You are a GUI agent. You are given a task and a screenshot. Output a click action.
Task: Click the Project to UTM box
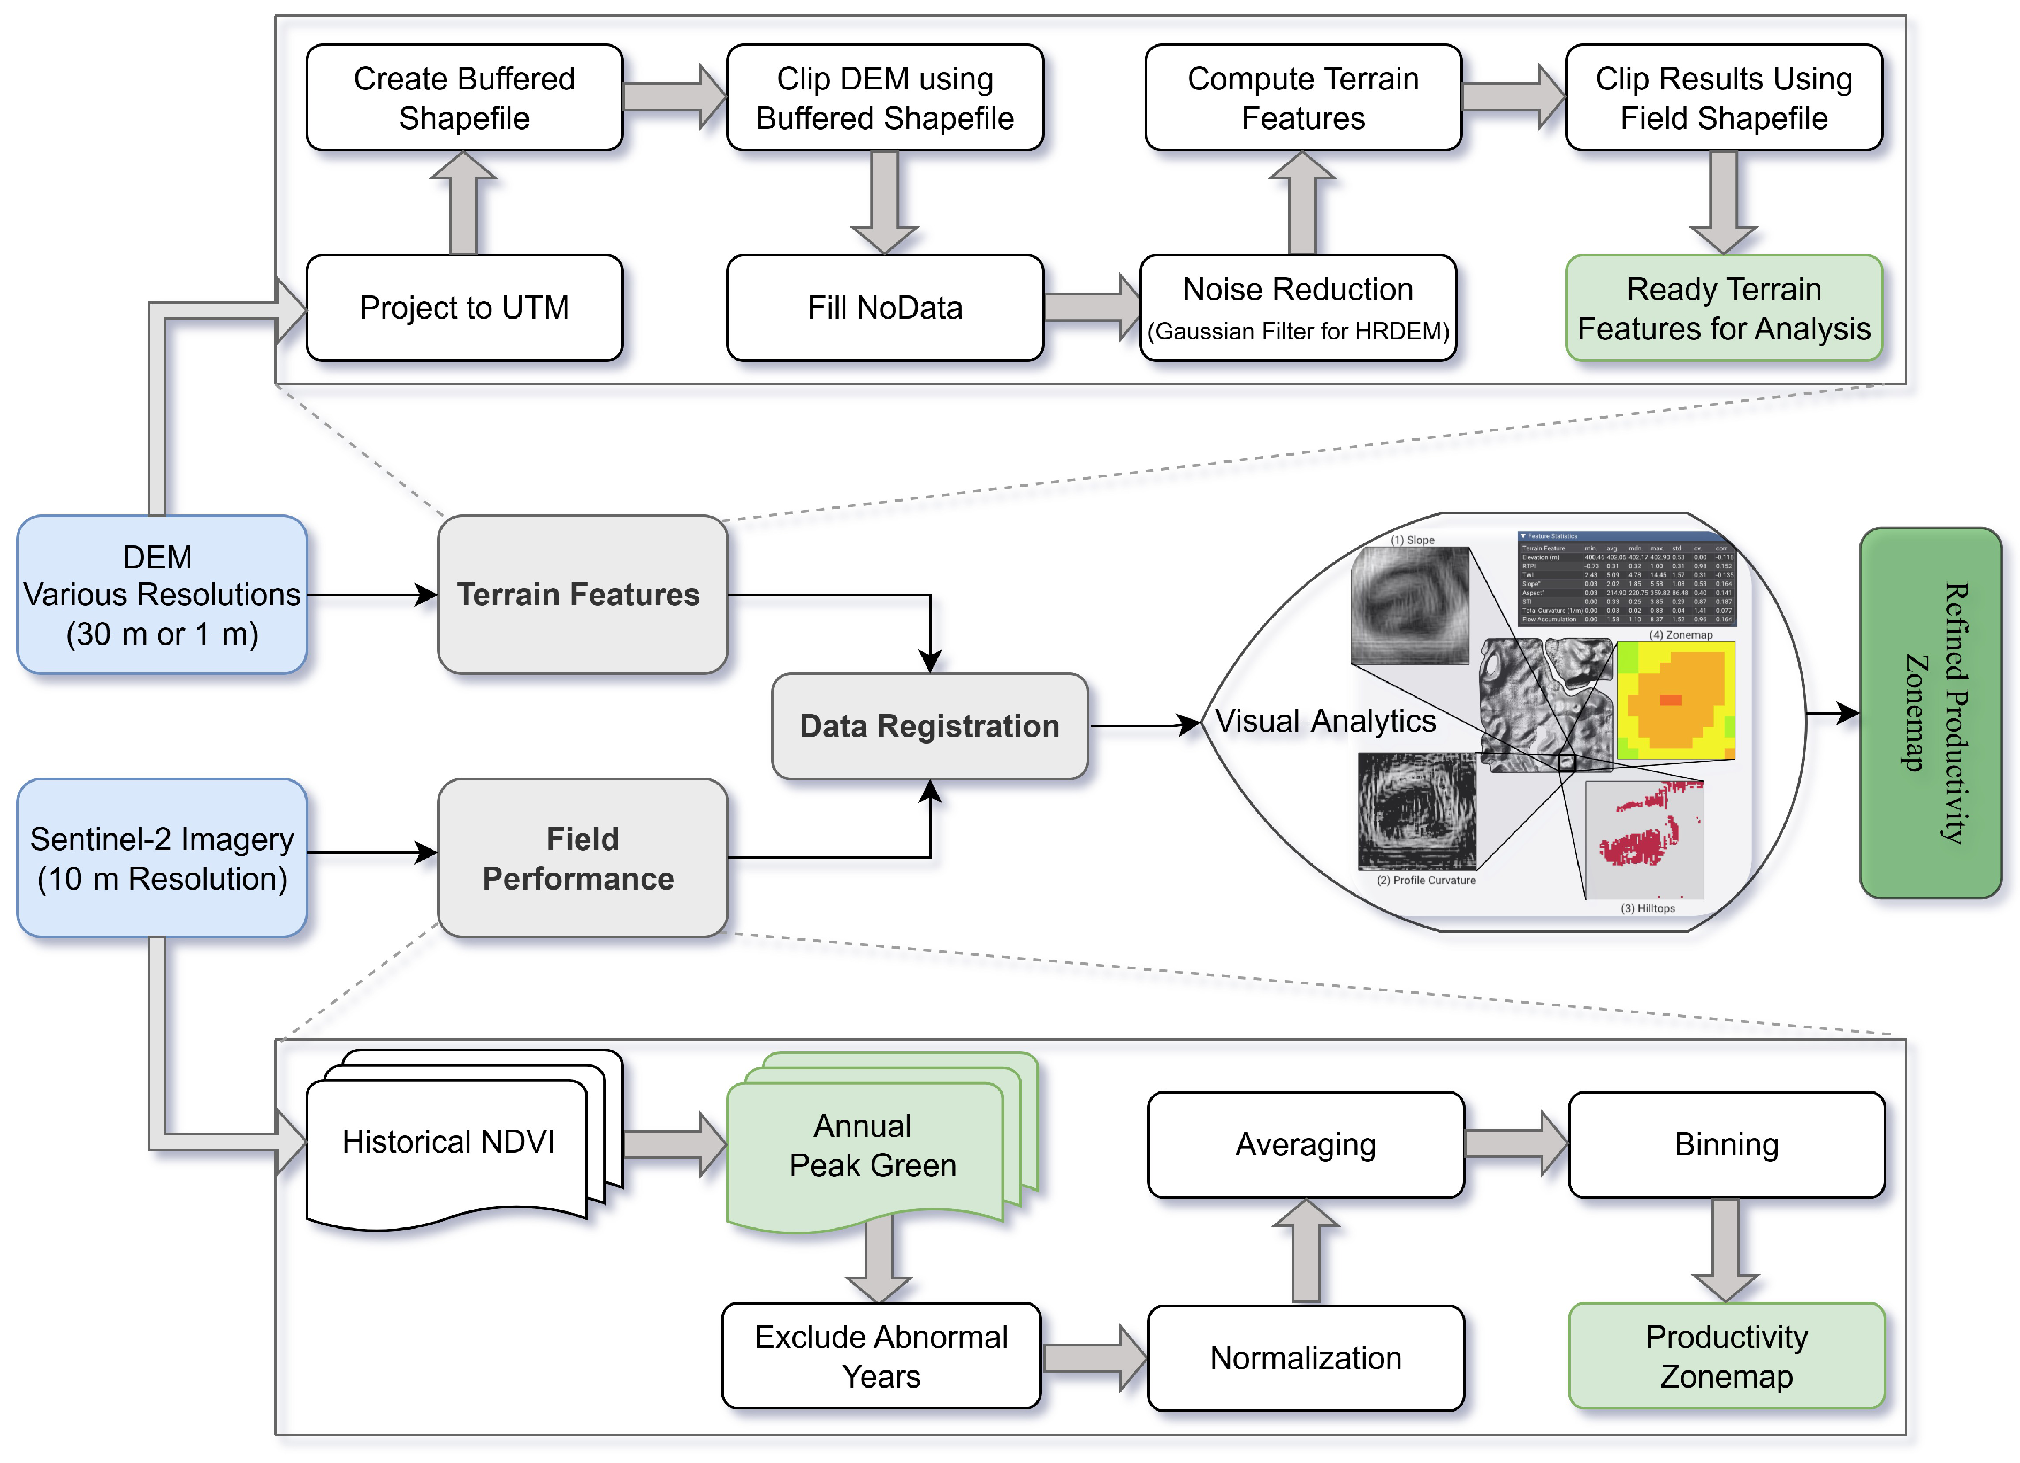tap(464, 307)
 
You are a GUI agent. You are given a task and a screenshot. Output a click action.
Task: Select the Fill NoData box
tap(885, 307)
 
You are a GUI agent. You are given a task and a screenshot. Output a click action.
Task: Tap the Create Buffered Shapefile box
tap(464, 98)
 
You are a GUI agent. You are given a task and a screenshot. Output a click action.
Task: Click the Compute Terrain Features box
tap(1303, 98)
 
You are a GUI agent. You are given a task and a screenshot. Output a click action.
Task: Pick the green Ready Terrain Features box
tap(1724, 308)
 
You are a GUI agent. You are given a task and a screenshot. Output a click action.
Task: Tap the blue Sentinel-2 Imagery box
tap(162, 858)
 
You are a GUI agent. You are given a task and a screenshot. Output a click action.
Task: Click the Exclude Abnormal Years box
tap(881, 1356)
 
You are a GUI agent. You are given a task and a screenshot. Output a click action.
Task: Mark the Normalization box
tap(1306, 1358)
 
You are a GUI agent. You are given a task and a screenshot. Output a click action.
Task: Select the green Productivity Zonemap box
tap(1726, 1356)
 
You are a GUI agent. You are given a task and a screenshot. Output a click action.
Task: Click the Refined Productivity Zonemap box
tap(1930, 713)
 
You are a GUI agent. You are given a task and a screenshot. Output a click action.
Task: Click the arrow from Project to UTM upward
tap(463, 203)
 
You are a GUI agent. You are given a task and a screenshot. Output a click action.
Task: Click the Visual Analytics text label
tap(1325, 721)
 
